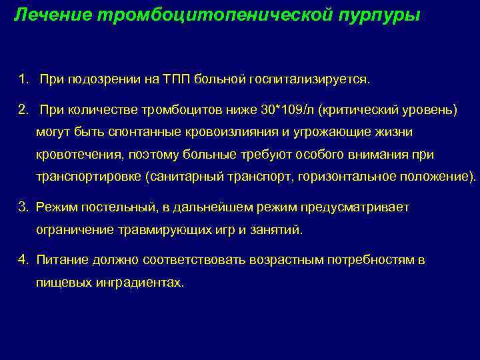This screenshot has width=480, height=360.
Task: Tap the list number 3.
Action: click(x=23, y=207)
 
